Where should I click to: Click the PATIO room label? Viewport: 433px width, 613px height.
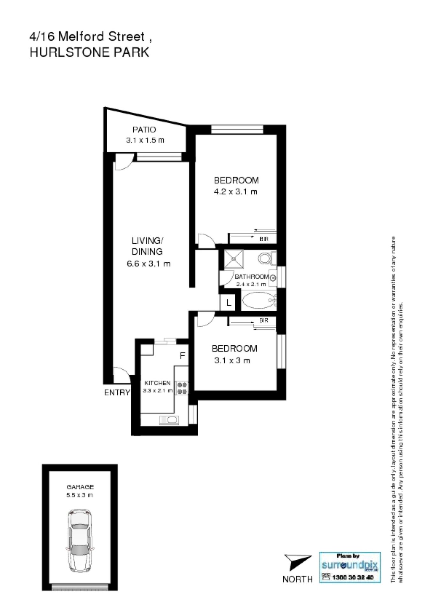click(x=144, y=130)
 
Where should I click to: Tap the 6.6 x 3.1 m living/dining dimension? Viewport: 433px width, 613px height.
click(x=149, y=264)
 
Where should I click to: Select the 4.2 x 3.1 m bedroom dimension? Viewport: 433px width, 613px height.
click(x=236, y=192)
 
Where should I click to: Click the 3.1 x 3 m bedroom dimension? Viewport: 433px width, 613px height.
click(x=232, y=360)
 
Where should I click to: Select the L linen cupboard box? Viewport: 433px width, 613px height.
click(x=228, y=302)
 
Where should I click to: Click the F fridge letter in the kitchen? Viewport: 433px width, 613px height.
click(x=183, y=355)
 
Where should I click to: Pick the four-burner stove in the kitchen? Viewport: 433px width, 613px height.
click(x=182, y=388)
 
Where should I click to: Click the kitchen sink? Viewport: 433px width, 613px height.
click(x=169, y=420)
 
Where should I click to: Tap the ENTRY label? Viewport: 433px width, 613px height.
click(x=117, y=393)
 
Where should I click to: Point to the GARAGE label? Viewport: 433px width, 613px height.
click(x=80, y=487)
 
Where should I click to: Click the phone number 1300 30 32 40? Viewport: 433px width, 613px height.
click(x=353, y=577)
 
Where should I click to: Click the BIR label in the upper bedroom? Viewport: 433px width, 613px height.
click(x=264, y=239)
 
